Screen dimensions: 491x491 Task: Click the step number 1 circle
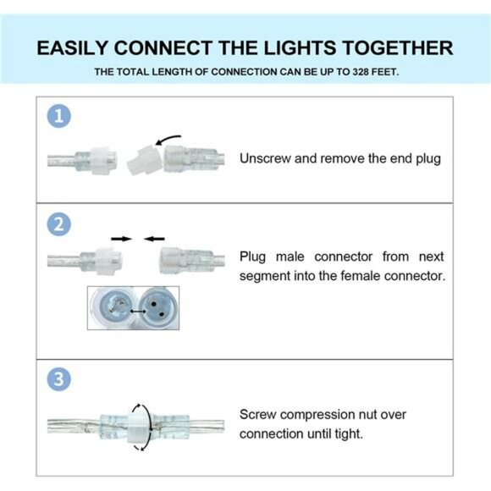coord(58,117)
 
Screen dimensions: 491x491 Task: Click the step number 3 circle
coord(58,379)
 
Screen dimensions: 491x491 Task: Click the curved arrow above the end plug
coord(167,135)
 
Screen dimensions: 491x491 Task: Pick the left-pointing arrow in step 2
coord(154,240)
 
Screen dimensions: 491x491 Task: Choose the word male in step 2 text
coord(289,257)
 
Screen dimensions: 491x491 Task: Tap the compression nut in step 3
coord(136,421)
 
